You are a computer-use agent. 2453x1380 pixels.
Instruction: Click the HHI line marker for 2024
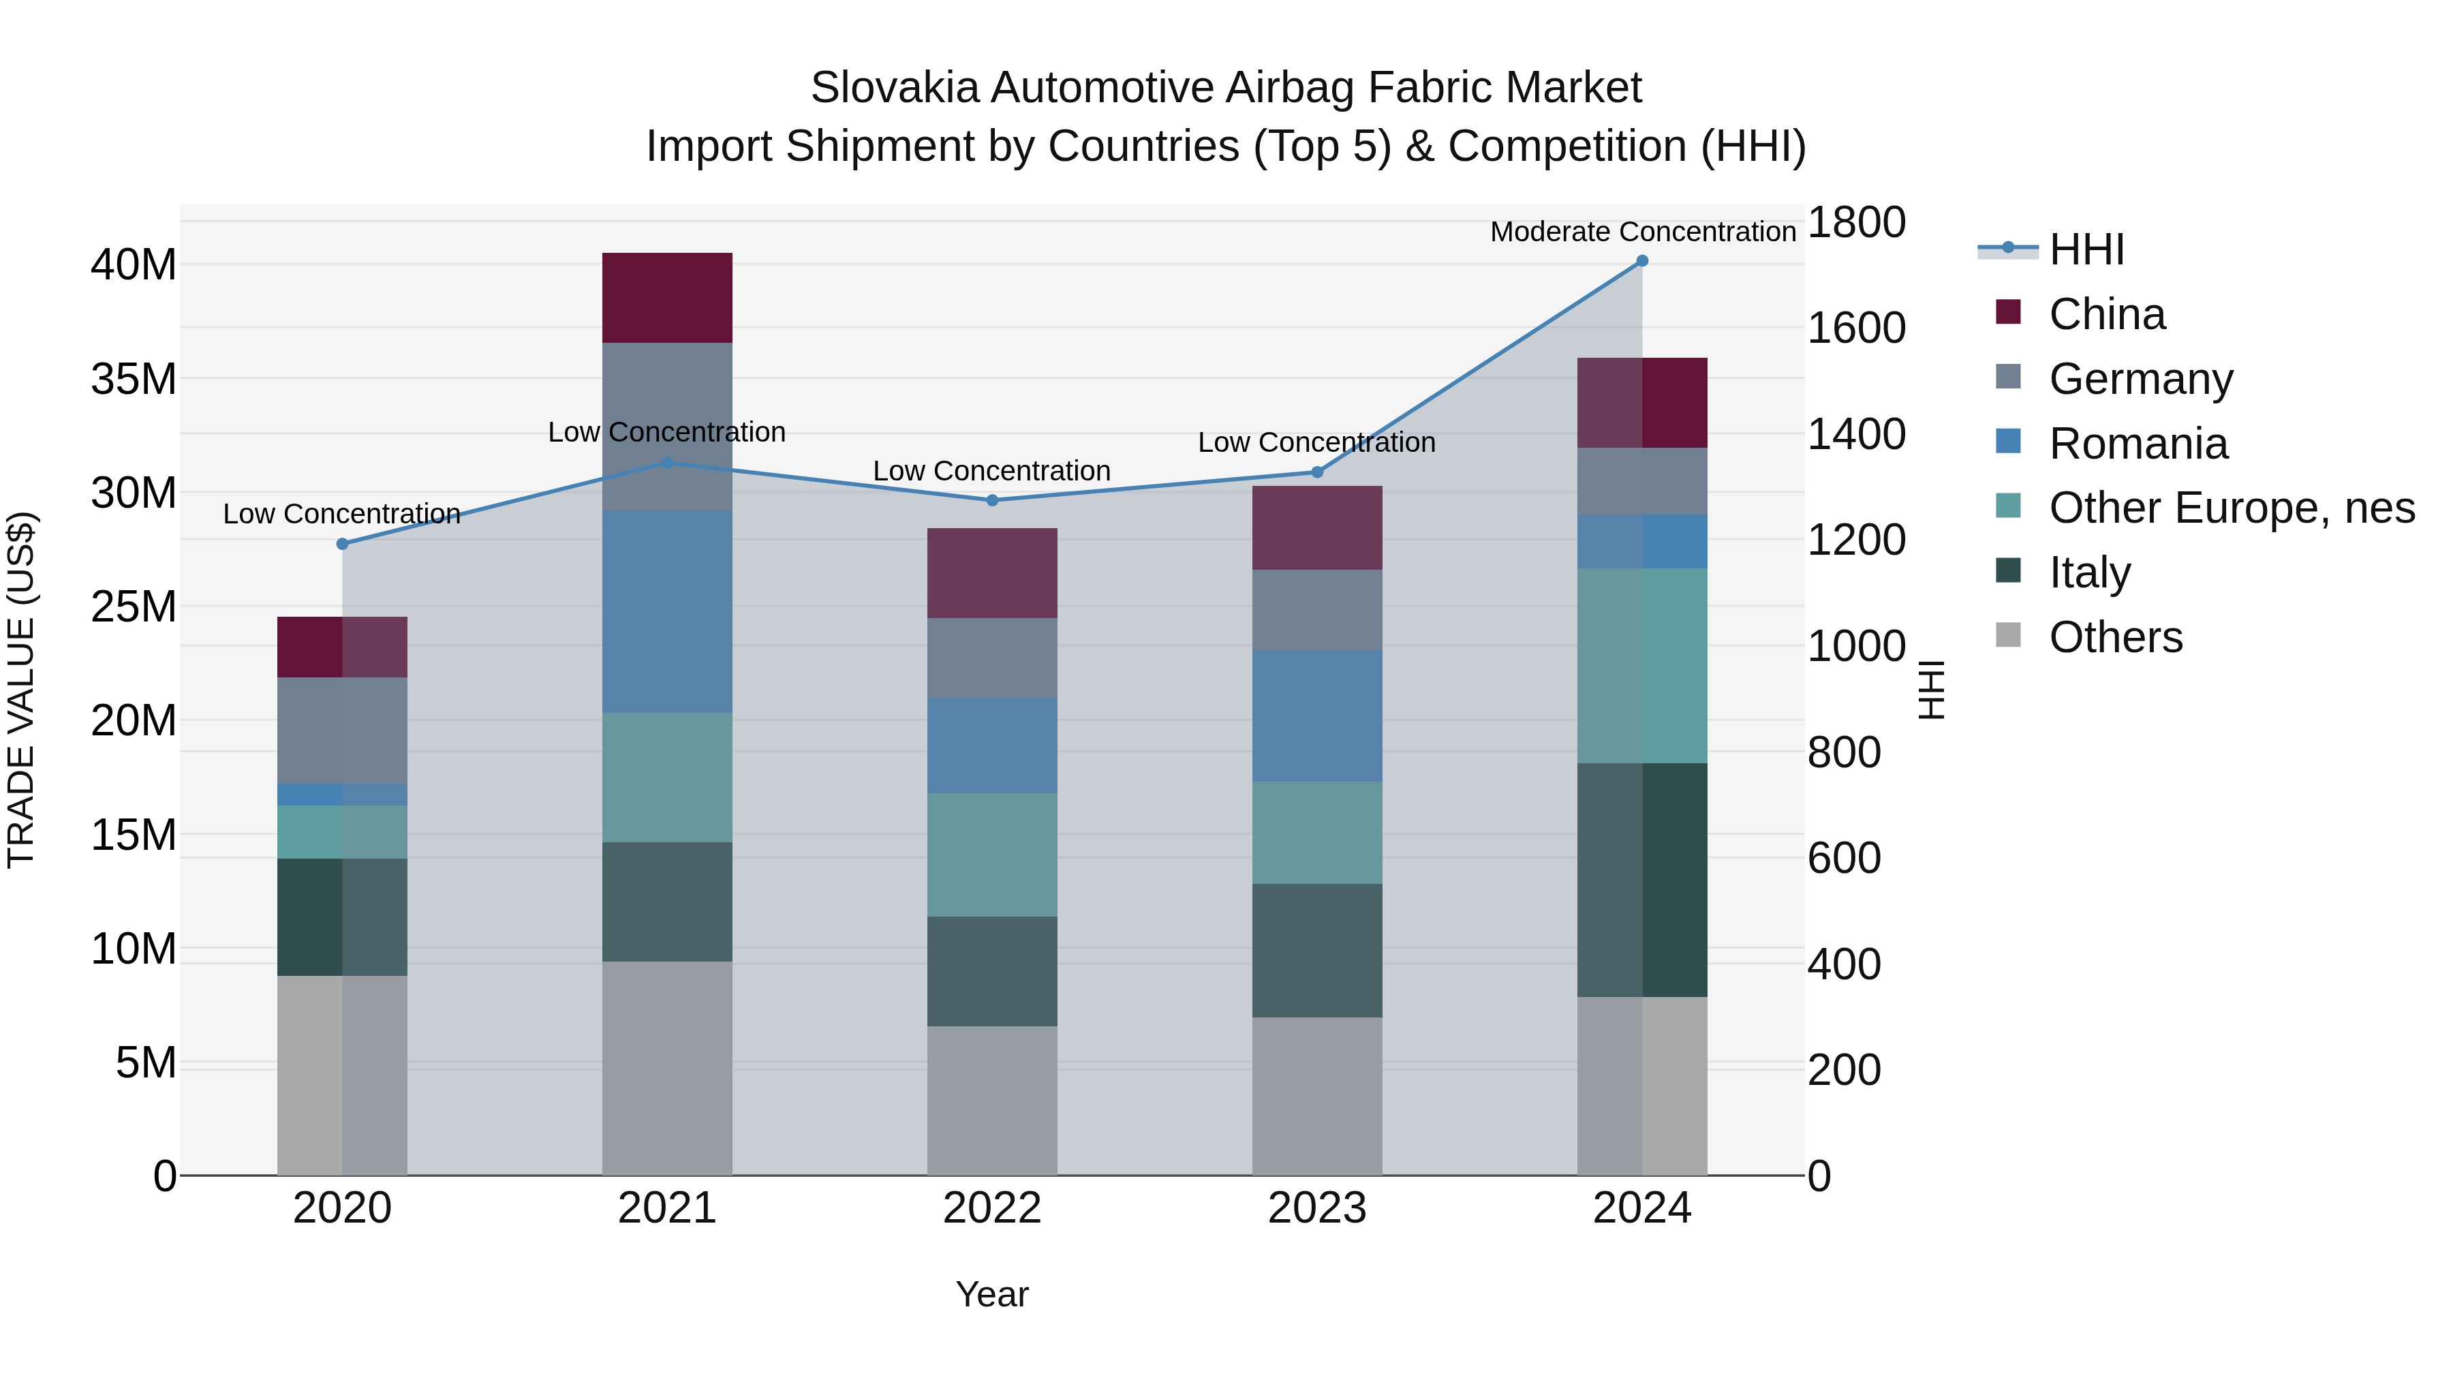point(1641,261)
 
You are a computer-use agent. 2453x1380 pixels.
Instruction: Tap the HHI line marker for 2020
point(343,544)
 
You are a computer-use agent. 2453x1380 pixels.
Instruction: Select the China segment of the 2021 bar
point(666,297)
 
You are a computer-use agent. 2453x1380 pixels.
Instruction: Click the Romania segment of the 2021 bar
point(666,611)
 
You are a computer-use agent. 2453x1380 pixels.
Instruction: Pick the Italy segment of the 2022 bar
point(991,970)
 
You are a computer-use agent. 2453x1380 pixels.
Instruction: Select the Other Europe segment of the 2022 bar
point(991,855)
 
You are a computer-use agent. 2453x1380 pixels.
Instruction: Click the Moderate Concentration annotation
point(1641,232)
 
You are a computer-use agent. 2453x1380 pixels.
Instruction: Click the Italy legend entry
point(2089,572)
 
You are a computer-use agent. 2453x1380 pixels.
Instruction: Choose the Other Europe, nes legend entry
point(2231,508)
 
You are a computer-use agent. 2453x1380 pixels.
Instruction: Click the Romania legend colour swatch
point(2007,442)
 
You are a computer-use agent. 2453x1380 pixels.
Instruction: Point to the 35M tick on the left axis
point(134,379)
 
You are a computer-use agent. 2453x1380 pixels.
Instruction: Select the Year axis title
point(991,1294)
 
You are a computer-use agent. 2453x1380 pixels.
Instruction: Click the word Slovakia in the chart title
point(894,88)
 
